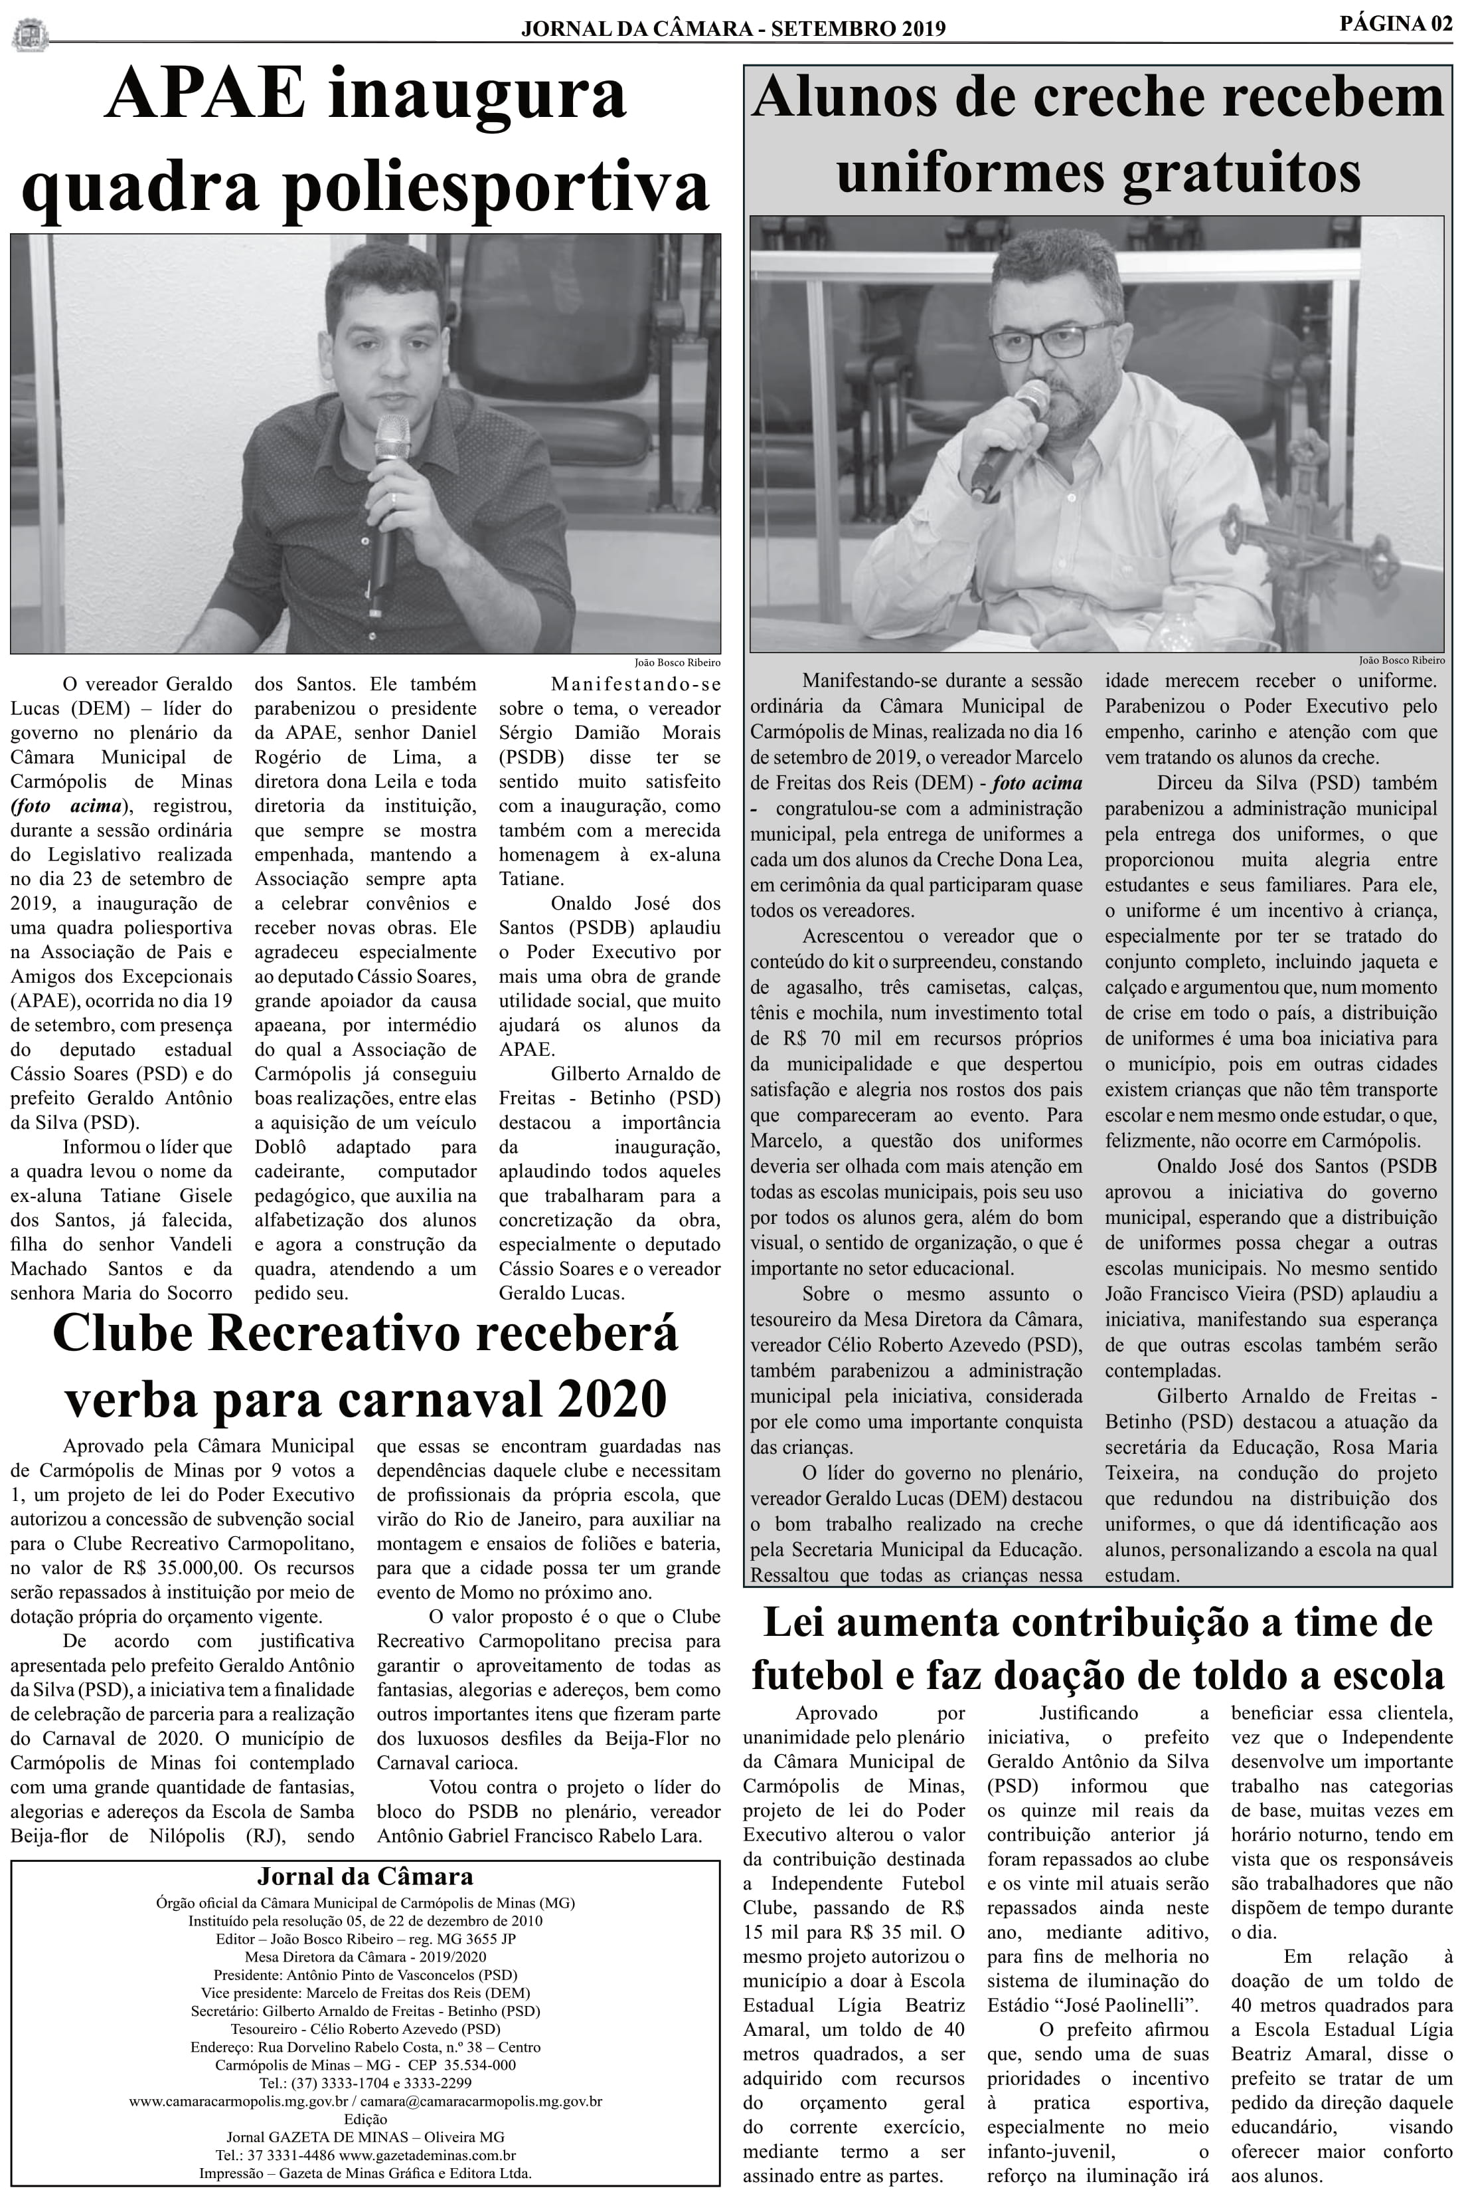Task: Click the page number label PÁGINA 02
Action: pyautogui.click(x=1396, y=25)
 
